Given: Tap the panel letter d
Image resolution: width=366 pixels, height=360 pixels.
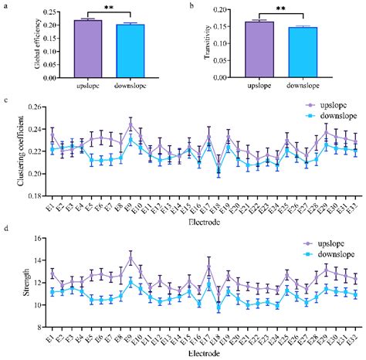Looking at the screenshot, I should (x=6, y=229).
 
